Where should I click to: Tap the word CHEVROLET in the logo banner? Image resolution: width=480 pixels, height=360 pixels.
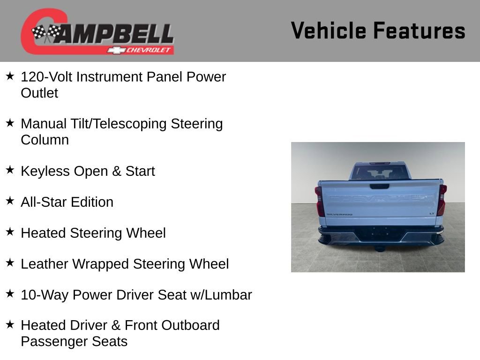[x=149, y=50]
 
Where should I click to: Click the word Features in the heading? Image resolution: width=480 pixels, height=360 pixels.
[x=419, y=31]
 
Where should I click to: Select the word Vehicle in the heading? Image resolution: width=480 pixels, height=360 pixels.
[x=328, y=31]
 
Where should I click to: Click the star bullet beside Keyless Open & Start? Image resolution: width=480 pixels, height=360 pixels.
[x=10, y=170]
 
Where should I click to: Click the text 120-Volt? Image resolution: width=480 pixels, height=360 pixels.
[x=46, y=77]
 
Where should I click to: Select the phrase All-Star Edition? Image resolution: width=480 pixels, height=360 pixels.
[x=67, y=202]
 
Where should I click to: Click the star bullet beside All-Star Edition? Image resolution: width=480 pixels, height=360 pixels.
[x=10, y=201]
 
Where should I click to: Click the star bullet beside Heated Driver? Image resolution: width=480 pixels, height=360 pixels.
[x=10, y=324]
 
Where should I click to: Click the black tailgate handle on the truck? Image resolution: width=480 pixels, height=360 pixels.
[x=379, y=186]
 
